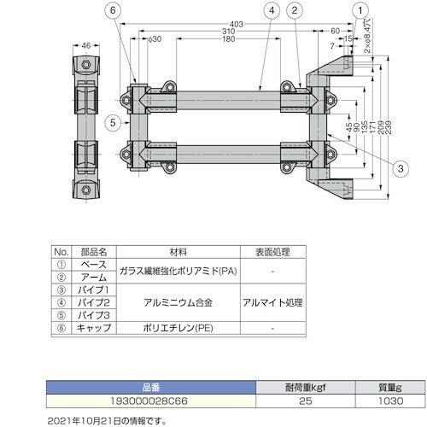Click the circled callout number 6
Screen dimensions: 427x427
[x=113, y=10]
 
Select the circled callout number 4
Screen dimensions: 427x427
[x=272, y=10]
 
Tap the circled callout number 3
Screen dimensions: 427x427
[x=401, y=168]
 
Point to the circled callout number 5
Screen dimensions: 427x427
[x=113, y=123]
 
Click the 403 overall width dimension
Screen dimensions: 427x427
[x=237, y=24]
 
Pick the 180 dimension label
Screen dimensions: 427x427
[x=229, y=39]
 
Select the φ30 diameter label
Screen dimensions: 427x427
[x=155, y=39]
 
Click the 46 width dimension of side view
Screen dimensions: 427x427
[x=86, y=45]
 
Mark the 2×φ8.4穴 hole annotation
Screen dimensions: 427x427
[x=367, y=36]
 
